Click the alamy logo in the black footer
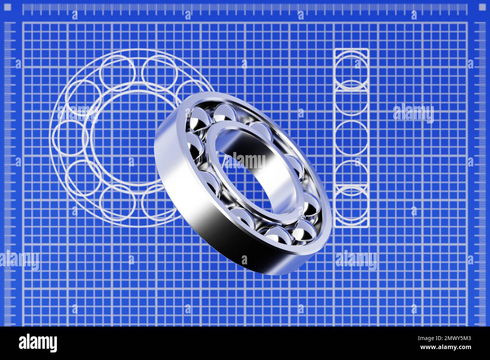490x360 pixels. click(x=38, y=343)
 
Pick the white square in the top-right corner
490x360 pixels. click(x=482, y=7)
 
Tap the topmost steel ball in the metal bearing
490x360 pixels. click(x=224, y=112)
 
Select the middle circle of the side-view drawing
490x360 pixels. click(x=351, y=138)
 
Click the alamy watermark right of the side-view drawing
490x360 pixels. click(x=413, y=113)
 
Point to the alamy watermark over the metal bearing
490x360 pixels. click(x=249, y=160)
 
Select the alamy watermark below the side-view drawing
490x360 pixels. click(x=356, y=260)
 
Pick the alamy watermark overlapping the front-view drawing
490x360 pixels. click(x=77, y=113)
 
